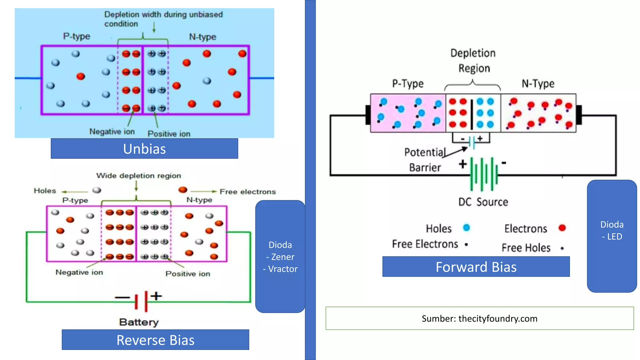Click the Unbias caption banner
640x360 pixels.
tap(144, 149)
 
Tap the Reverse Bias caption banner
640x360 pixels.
tap(155, 340)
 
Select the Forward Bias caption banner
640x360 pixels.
tap(476, 267)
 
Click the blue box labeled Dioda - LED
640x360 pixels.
tap(612, 231)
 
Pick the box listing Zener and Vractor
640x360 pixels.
tap(280, 257)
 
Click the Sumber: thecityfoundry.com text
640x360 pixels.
tap(479, 318)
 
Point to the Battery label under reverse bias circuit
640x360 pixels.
tap(139, 322)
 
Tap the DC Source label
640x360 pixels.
tap(483, 202)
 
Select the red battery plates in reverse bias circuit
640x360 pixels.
tap(141, 301)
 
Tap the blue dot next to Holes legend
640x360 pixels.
tap(467, 228)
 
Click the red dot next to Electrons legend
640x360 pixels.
tap(562, 228)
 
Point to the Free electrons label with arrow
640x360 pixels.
tap(247, 192)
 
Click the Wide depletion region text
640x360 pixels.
tap(138, 176)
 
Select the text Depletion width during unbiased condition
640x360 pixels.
tap(163, 19)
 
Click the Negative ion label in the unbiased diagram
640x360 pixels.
tap(112, 132)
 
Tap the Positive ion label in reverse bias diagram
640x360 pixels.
tap(187, 274)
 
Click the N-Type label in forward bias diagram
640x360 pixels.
tap(538, 84)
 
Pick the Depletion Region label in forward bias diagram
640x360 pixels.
tap(473, 61)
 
